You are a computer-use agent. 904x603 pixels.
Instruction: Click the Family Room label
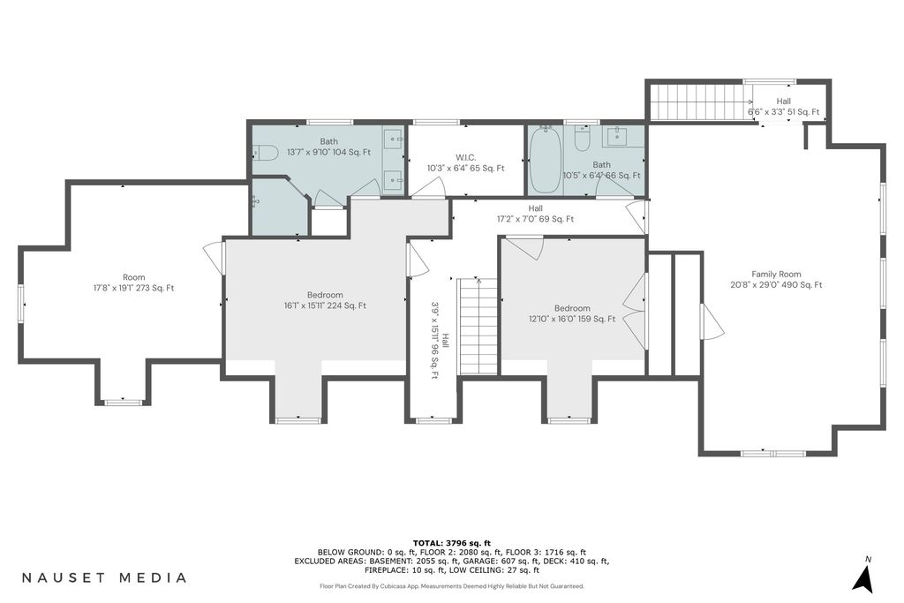click(776, 280)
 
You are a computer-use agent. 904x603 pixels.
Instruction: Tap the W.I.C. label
click(465, 163)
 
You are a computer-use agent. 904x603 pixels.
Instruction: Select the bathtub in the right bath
click(545, 161)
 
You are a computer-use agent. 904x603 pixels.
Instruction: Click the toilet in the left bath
click(266, 153)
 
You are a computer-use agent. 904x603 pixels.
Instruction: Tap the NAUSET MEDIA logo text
click(104, 577)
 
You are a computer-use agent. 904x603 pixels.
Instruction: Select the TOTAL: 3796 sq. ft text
click(451, 542)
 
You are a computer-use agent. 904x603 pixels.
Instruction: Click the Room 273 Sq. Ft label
click(134, 283)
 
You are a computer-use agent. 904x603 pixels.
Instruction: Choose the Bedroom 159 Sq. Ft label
click(572, 313)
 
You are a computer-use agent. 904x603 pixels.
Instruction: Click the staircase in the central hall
click(478, 327)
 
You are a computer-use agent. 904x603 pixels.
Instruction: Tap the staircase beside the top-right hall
click(697, 102)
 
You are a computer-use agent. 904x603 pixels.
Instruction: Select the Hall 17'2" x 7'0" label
click(535, 214)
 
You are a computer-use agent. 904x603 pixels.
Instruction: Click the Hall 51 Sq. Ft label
click(783, 107)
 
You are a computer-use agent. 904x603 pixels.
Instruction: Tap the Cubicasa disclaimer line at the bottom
click(452, 586)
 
